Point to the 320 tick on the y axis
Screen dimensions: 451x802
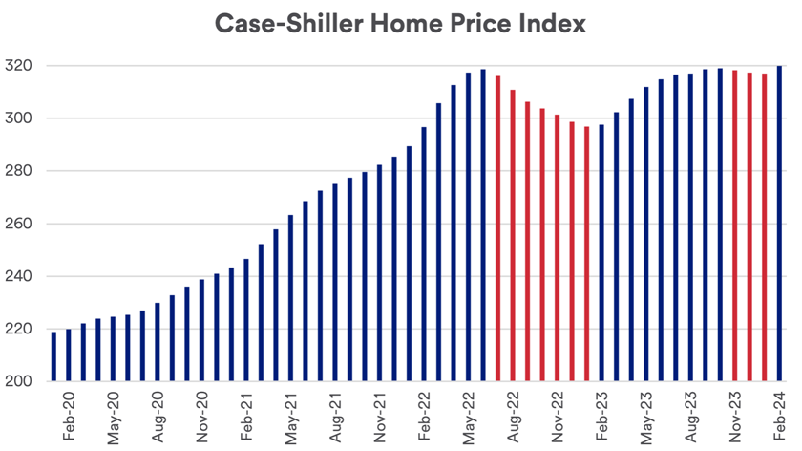(x=22, y=66)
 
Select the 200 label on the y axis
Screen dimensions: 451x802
(x=22, y=381)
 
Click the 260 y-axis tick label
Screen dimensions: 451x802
(x=22, y=224)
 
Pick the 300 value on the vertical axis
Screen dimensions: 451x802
(x=22, y=118)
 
